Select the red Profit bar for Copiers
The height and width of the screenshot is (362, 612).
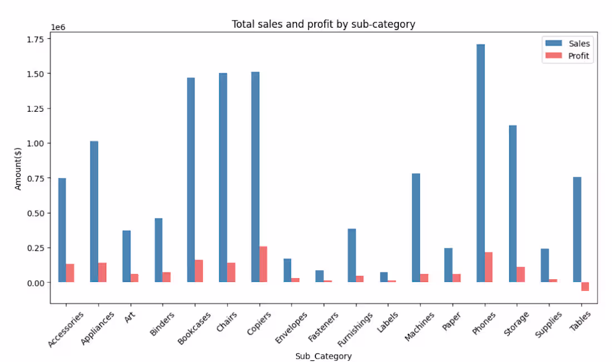coord(263,264)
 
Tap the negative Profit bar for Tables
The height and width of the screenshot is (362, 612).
coord(585,286)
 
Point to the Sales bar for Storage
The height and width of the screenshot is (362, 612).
coord(512,204)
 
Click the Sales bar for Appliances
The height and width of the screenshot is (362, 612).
coord(94,211)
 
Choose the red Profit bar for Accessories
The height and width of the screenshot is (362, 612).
coord(70,273)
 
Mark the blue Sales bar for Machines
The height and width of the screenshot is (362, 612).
coord(416,228)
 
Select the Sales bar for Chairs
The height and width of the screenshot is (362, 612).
coord(223,177)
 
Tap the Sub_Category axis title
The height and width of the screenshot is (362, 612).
coord(323,356)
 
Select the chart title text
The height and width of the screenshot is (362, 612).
coord(323,24)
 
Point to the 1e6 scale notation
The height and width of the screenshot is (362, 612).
coord(58,27)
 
